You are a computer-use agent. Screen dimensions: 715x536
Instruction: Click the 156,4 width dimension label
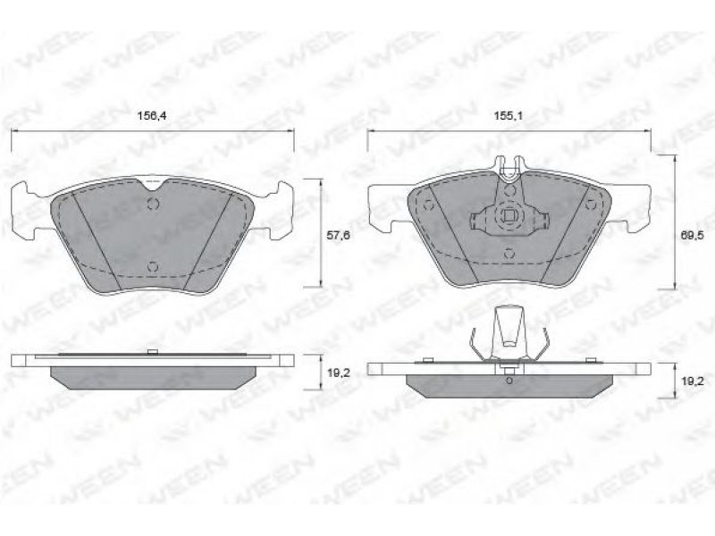coord(152,116)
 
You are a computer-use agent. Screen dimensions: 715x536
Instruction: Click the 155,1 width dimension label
coord(509,116)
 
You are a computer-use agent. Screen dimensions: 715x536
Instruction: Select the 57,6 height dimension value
coord(339,235)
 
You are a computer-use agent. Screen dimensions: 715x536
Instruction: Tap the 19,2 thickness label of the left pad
coord(339,373)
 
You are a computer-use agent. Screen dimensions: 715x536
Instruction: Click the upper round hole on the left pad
coord(153,205)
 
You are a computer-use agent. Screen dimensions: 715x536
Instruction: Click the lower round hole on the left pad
coord(153,266)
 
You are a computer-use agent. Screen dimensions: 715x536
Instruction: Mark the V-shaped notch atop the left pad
coord(155,185)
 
